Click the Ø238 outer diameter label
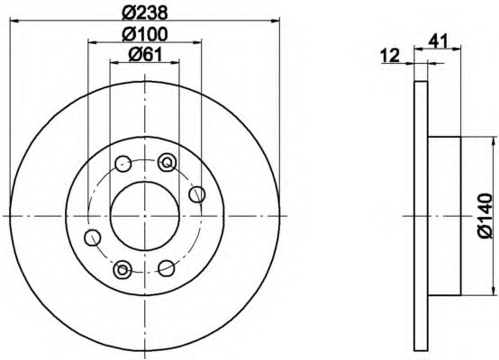point(144,13)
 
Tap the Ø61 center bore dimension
point(144,55)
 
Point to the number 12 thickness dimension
point(390,56)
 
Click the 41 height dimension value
point(441,40)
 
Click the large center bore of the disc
point(144,216)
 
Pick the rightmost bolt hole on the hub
point(196,194)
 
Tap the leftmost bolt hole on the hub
point(92,237)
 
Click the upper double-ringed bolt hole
point(166,162)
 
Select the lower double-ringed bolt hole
point(122,268)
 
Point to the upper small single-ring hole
point(122,164)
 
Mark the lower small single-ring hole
point(167,268)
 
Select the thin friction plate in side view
point(419,216)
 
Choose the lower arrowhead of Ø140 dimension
point(493,291)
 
